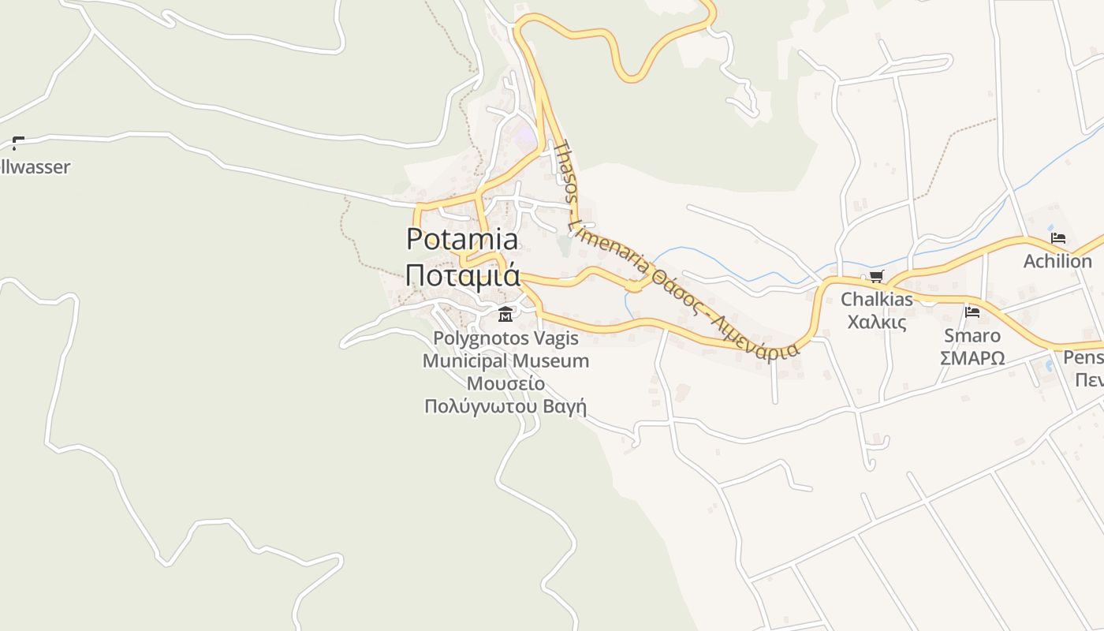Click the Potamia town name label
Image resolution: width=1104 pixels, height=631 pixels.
point(462,239)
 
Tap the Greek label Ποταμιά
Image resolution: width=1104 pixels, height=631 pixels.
point(462,276)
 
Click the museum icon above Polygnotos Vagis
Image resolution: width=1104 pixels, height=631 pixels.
point(505,315)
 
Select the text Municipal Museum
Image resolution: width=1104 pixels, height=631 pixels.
point(505,361)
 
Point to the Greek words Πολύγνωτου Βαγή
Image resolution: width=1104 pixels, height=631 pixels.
point(505,407)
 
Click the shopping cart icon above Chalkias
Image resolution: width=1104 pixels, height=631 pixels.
point(876,277)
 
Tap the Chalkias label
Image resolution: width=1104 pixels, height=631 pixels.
point(876,300)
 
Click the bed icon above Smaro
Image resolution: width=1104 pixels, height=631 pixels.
point(972,312)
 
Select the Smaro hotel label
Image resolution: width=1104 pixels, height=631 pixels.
point(972,335)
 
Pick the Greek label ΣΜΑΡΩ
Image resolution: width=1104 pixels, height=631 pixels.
point(972,358)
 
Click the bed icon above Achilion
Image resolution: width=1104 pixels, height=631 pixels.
point(1058,237)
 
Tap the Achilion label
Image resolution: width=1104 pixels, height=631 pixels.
point(1057,261)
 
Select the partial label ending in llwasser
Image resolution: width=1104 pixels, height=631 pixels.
point(35,167)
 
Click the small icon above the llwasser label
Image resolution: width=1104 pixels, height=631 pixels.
point(18,143)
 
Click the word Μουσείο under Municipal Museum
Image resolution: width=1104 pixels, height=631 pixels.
point(505,384)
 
